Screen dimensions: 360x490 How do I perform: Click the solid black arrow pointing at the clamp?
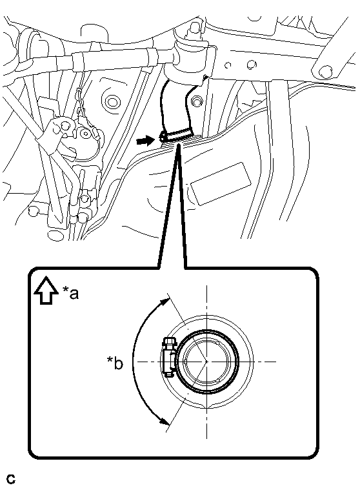pos(145,141)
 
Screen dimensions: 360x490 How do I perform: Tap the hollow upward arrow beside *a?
pos(46,290)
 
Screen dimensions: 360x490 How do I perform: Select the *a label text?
pos(70,293)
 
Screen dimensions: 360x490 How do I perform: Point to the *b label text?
pos(115,363)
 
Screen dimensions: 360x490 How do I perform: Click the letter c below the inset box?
pos(11,479)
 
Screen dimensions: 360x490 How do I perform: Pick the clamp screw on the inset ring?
pos(169,357)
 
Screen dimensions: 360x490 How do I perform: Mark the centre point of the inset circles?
pos(206,362)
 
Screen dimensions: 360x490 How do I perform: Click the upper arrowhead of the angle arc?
pos(165,302)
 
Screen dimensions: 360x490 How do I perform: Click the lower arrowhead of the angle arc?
pos(165,421)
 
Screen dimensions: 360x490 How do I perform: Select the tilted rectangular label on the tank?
pos(221,184)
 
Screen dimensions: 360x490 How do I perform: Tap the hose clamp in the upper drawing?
pos(175,136)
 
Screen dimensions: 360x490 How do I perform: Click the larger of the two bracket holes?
pos(251,65)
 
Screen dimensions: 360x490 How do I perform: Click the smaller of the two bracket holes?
pos(228,65)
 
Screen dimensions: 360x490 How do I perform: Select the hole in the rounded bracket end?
pos(325,71)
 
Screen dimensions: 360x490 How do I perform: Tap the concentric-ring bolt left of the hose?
pos(112,102)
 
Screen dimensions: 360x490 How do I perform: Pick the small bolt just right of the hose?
pos(196,101)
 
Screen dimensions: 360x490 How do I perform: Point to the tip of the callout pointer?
pos(179,145)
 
